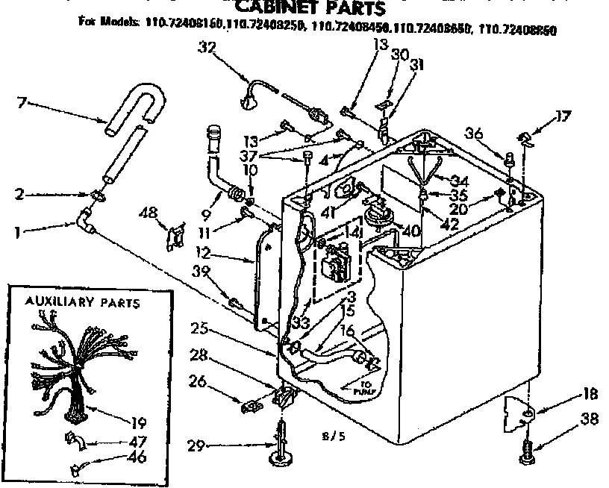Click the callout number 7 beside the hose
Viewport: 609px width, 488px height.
tap(22, 101)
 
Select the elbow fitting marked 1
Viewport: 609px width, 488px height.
tap(84, 222)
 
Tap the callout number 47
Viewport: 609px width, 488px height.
tap(137, 441)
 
